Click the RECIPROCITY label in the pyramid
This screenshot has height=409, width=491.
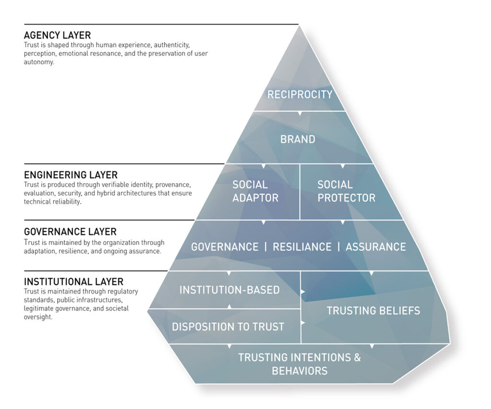[300, 94]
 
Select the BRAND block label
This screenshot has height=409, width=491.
[298, 140]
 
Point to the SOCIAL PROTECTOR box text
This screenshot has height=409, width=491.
[346, 191]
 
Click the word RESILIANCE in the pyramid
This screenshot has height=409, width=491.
[302, 247]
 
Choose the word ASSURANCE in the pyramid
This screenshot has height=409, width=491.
[375, 247]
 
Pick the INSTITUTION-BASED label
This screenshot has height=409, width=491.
[229, 290]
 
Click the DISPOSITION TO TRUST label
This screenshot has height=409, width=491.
[228, 327]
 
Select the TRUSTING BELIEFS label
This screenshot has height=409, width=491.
[373, 311]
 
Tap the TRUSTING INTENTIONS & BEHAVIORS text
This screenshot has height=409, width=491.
[299, 364]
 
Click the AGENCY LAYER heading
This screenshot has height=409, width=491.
[57, 35]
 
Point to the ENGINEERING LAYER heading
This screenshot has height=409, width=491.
[70, 175]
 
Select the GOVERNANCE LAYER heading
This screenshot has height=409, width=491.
[70, 233]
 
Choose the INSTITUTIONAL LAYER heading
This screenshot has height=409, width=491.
[73, 281]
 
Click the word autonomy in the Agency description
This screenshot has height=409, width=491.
[39, 62]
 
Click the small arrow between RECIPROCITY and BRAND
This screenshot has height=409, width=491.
[300, 114]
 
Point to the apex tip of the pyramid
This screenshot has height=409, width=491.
[300, 26]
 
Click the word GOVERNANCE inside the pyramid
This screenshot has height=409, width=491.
[224, 247]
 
